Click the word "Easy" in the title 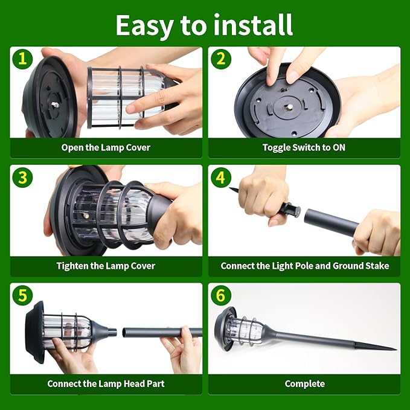click(x=144, y=26)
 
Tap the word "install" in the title click(x=253, y=25)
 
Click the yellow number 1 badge click(x=22, y=59)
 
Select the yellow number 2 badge click(x=221, y=59)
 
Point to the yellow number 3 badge click(x=22, y=178)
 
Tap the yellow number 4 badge click(x=221, y=178)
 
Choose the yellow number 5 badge click(x=22, y=295)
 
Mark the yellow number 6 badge click(x=221, y=295)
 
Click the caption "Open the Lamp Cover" click(x=106, y=148)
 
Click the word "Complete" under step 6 click(x=304, y=384)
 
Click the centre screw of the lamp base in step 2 click(x=289, y=107)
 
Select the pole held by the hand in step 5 click(x=162, y=333)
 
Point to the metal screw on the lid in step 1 click(x=55, y=105)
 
